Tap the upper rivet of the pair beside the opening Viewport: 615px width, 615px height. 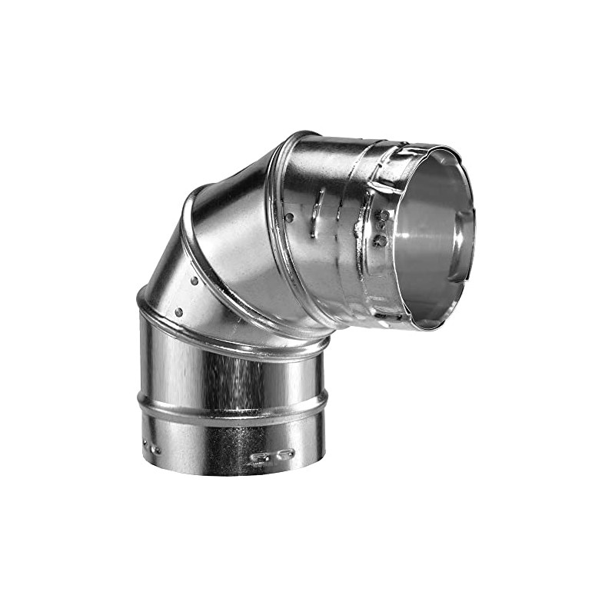(381, 216)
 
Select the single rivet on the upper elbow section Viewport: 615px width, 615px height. (289, 218)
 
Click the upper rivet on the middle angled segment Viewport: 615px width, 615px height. (194, 281)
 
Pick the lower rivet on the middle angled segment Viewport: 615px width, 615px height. (178, 312)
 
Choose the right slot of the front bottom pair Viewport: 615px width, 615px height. (286, 454)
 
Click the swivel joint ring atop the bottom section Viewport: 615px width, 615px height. (231, 347)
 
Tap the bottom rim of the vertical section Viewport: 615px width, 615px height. (231, 470)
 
